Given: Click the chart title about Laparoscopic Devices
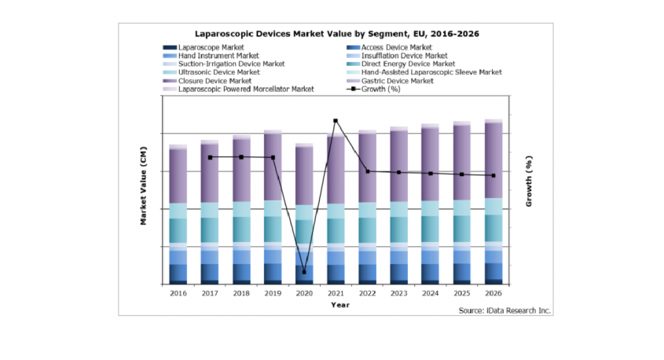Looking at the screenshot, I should pyautogui.click(x=337, y=35).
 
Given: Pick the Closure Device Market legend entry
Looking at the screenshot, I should pyautogui.click(x=215, y=81).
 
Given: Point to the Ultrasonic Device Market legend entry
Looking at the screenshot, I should pyautogui.click(x=218, y=72).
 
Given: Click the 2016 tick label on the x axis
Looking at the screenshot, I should pyautogui.click(x=178, y=292).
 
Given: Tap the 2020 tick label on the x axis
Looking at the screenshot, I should pyautogui.click(x=304, y=292).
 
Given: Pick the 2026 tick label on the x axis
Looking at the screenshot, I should pyautogui.click(x=493, y=292).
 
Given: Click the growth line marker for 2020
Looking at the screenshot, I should pyautogui.click(x=304, y=272).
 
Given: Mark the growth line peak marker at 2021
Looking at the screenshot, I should pyautogui.click(x=336, y=121).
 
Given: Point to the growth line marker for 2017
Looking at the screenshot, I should pyautogui.click(x=210, y=157).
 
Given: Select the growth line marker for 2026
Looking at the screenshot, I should pyautogui.click(x=493, y=175).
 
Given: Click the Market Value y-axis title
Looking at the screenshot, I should pyautogui.click(x=144, y=197).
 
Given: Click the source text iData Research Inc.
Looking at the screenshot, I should pyautogui.click(x=505, y=310).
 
